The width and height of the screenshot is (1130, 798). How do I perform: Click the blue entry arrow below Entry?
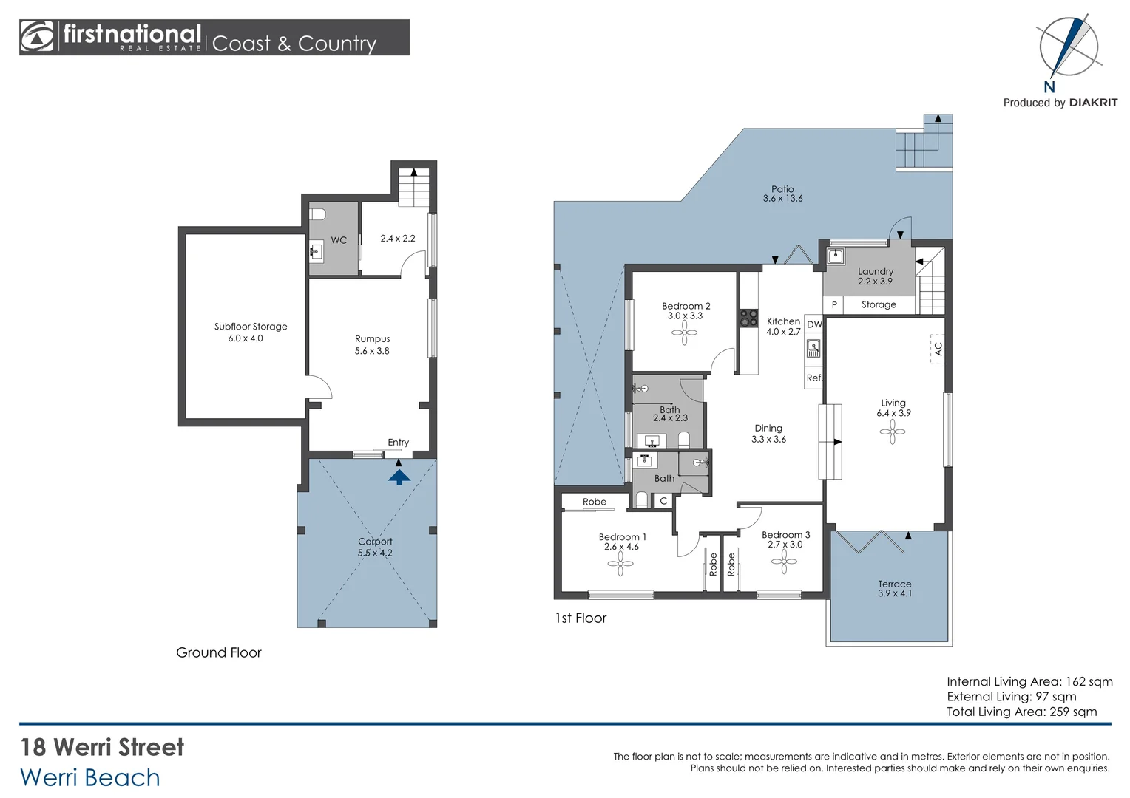coord(399,477)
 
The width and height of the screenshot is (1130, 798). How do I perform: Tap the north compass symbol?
coord(1069,47)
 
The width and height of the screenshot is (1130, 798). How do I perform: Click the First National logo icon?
coord(38,37)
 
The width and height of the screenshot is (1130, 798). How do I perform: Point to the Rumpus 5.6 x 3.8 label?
coord(372,345)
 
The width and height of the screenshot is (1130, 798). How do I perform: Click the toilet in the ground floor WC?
coord(318,214)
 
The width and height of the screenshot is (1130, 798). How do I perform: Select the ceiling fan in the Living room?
coord(892,432)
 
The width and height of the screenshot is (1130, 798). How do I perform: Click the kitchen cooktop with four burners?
coord(748,318)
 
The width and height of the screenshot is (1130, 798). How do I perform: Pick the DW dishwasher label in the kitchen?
coord(814,324)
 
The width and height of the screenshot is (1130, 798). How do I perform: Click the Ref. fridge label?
coord(814,378)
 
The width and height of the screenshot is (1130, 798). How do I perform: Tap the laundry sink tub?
coord(836,256)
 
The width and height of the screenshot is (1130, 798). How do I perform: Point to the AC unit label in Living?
coord(938,348)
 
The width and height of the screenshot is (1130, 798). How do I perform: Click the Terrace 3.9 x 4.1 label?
coord(895,588)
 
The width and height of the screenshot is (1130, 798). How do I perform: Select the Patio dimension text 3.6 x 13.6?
coord(782,199)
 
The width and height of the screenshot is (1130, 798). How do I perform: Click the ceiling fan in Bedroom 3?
coord(784,561)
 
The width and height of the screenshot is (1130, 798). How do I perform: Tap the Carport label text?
coord(375,542)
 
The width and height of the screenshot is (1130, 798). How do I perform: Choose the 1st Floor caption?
coord(581,618)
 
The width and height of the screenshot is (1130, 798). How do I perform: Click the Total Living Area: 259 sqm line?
coord(1021,712)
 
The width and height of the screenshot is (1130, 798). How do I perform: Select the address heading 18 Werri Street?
coord(102,747)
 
